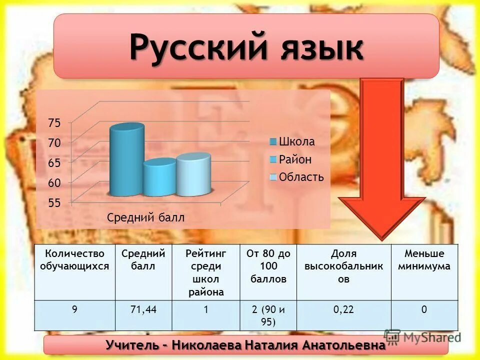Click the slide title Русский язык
(x=246, y=47)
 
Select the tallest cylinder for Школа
(x=126, y=161)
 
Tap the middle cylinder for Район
(x=159, y=178)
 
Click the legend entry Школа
(x=296, y=141)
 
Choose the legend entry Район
(x=295, y=159)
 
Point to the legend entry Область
(x=301, y=177)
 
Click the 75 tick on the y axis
(x=53, y=123)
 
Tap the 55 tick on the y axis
(x=53, y=203)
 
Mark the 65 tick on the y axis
(x=53, y=163)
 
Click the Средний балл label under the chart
(x=145, y=217)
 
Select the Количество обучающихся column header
(x=74, y=260)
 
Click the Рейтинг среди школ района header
(x=205, y=273)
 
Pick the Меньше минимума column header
(x=424, y=260)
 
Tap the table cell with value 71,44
(x=143, y=310)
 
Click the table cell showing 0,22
(x=343, y=310)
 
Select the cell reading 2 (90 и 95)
(x=268, y=315)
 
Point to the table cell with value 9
(x=74, y=310)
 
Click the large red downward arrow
(x=381, y=160)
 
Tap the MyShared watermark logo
(x=422, y=337)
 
